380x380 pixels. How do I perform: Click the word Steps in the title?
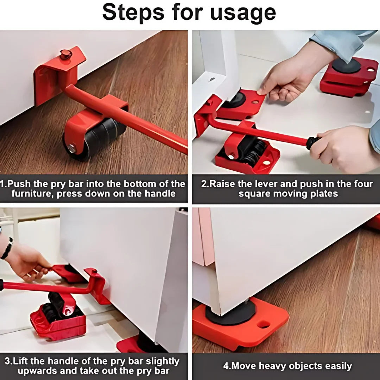point(133,12)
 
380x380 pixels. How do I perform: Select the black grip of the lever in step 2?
point(312,142)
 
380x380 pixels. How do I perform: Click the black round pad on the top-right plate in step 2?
point(346,65)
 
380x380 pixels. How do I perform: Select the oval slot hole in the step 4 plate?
point(264,325)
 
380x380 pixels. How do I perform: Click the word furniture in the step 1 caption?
point(31,194)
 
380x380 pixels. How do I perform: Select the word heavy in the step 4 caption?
point(274,366)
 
